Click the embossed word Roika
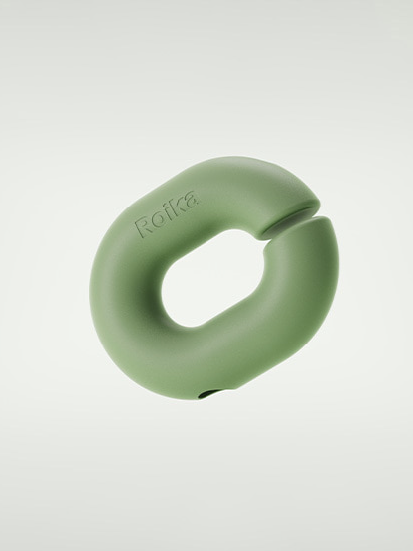click(x=168, y=212)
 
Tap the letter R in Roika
click(x=143, y=226)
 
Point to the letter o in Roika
click(x=158, y=220)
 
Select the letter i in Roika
click(x=168, y=212)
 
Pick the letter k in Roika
click(x=179, y=207)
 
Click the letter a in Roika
click(x=192, y=200)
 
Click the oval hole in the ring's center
click(x=212, y=278)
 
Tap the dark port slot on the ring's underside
click(x=207, y=396)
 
